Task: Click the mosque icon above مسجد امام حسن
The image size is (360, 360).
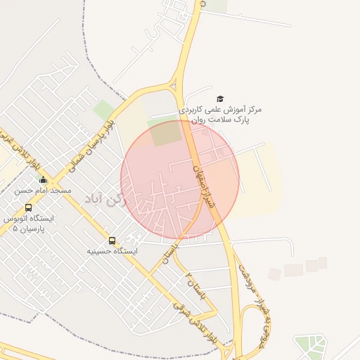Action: click(43, 179)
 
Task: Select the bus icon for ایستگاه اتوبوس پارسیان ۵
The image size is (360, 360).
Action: click(28, 207)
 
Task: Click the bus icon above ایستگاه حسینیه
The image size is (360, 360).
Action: click(112, 240)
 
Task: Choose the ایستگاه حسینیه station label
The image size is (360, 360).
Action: click(112, 251)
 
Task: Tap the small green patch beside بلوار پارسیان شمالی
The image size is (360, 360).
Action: click(104, 110)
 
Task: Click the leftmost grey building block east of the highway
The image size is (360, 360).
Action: click(274, 274)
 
